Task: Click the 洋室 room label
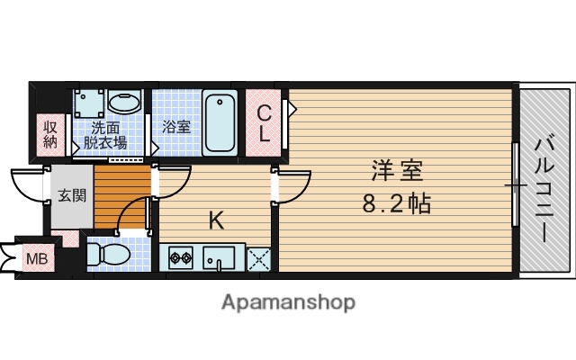pos(394,170)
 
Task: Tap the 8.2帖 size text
pos(396,202)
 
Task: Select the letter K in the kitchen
pos(217,219)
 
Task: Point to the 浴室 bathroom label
pos(175,127)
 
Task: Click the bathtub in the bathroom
pos(219,121)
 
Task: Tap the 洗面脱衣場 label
pos(105,134)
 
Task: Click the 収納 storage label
pos(50,132)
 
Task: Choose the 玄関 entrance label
pos(72,194)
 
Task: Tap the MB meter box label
pos(36,259)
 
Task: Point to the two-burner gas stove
pos(178,259)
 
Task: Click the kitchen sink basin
pos(217,259)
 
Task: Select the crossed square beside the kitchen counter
pos(259,259)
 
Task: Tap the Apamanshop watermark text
pos(288,302)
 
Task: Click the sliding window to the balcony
pos(516,184)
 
